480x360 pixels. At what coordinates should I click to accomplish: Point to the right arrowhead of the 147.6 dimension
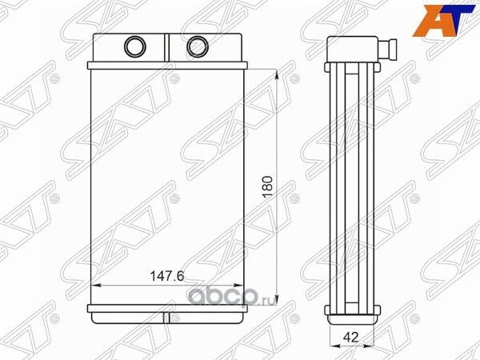point(239,285)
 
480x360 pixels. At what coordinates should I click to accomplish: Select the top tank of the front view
point(168,50)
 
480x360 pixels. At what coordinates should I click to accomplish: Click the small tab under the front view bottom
point(168,322)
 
